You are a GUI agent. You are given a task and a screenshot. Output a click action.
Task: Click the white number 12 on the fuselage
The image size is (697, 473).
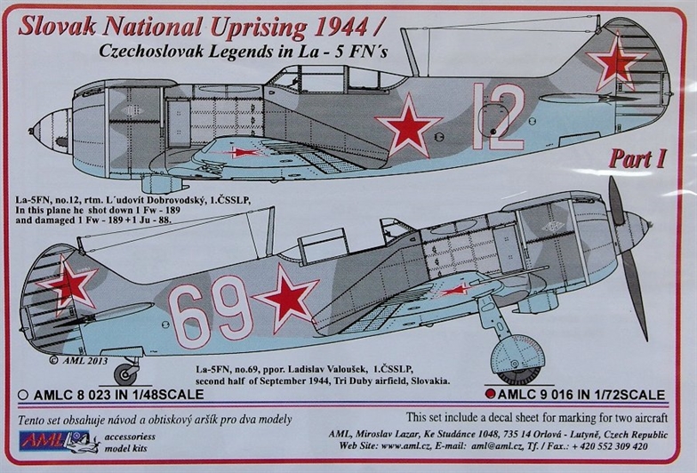pyautogui.click(x=498, y=116)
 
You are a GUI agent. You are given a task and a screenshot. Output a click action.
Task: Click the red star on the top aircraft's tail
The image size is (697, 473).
pyautogui.click(x=616, y=62)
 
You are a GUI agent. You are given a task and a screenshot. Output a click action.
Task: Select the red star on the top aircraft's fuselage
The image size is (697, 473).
pyautogui.click(x=409, y=126)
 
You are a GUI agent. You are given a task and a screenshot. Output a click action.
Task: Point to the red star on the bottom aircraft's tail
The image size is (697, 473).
pyautogui.click(x=68, y=285)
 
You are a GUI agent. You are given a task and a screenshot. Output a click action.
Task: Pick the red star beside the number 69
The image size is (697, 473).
pyautogui.click(x=287, y=297)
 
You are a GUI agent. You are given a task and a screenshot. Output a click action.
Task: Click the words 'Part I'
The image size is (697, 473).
pyautogui.click(x=637, y=159)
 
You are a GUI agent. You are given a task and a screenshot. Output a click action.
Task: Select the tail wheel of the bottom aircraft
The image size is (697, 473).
pyautogui.click(x=125, y=374)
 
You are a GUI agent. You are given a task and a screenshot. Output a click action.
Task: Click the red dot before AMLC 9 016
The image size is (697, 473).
pyautogui.click(x=490, y=394)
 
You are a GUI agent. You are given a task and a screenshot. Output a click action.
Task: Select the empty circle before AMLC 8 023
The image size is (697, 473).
pyautogui.click(x=23, y=395)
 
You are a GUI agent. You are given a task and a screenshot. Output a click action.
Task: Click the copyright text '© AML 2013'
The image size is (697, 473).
pyautogui.click(x=78, y=361)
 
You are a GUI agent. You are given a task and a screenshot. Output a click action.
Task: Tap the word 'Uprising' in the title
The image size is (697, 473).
pyautogui.click(x=259, y=28)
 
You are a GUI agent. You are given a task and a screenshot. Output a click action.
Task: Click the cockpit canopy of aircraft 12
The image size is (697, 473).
pyautogui.click(x=337, y=79)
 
